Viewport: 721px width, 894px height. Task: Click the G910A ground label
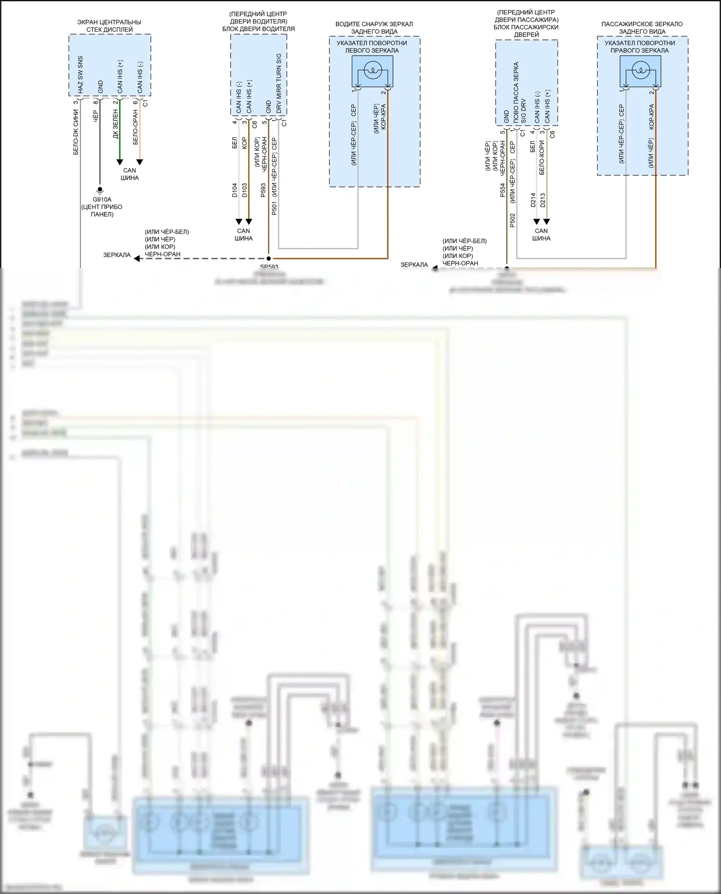tap(102, 199)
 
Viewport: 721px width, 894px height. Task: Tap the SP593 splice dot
tap(269, 258)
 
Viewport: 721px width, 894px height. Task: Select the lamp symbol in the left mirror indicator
tap(373, 72)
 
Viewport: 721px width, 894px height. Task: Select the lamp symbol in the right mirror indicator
tap(640, 72)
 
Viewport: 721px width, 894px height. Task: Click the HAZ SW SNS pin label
tap(80, 75)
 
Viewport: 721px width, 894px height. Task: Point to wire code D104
tap(235, 190)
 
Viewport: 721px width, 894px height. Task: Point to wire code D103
tap(244, 190)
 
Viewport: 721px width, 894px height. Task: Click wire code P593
tap(263, 190)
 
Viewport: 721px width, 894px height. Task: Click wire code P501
tap(274, 208)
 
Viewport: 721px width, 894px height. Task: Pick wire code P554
tap(502, 190)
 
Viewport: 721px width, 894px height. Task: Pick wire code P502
tap(512, 220)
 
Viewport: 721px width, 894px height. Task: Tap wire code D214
tap(533, 200)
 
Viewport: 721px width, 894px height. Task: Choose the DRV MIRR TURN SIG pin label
tap(279, 83)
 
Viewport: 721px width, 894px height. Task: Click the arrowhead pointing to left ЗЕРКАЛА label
tap(137, 258)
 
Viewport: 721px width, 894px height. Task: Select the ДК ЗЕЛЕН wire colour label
tap(115, 124)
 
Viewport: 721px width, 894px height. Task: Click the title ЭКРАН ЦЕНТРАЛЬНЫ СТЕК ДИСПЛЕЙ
tap(110, 26)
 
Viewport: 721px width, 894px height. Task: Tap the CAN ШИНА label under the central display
tap(130, 174)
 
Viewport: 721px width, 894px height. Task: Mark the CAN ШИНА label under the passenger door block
tap(541, 234)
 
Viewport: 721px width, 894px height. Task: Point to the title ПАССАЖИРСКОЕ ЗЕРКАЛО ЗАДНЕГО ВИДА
tap(642, 28)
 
